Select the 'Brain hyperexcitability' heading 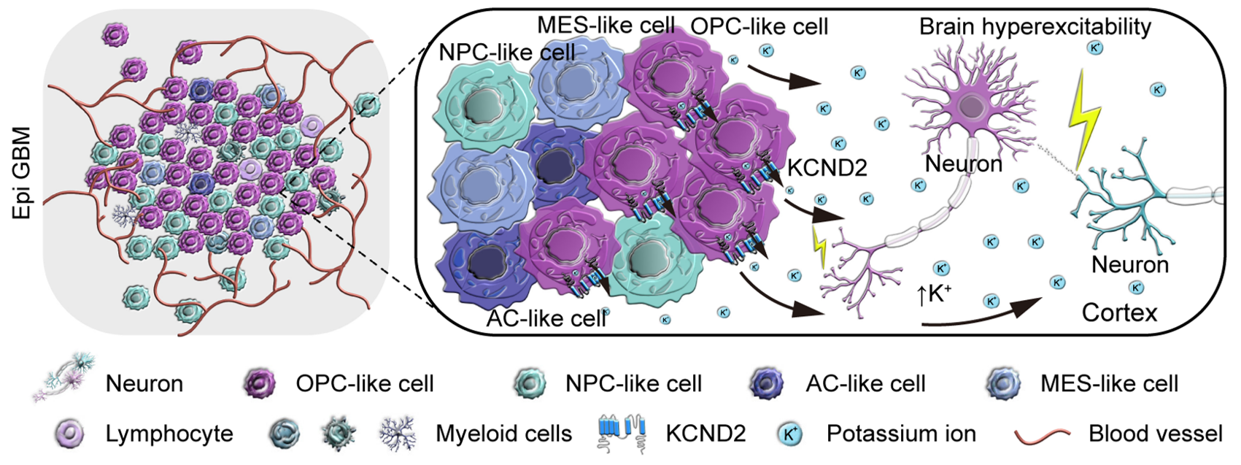pos(1035,26)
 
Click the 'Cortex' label pos(1120,313)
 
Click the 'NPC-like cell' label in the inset pos(507,53)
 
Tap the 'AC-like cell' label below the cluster pos(546,319)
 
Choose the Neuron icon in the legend pos(64,377)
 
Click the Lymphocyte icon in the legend pos(69,434)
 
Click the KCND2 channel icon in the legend pos(623,433)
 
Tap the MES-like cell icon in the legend pos(1003,383)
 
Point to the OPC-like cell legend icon pos(260,383)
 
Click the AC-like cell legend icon pos(767,383)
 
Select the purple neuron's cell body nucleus pos(970,106)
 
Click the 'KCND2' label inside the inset pos(827,167)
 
